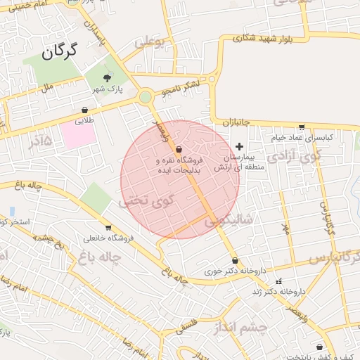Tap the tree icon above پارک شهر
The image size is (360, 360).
coord(107,78)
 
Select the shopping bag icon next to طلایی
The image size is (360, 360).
coord(85,110)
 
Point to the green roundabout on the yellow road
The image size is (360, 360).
coord(145,97)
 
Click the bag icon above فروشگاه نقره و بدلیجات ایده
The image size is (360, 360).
coord(179,149)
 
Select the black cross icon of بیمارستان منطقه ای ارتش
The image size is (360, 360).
coord(239,146)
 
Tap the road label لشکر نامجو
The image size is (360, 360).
coord(181,89)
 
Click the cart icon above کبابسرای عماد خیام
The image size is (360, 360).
coord(302,127)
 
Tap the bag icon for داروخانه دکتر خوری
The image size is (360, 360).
coord(234,260)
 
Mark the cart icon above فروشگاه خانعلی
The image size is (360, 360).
coord(108,227)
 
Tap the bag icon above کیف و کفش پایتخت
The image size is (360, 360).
coord(320,347)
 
